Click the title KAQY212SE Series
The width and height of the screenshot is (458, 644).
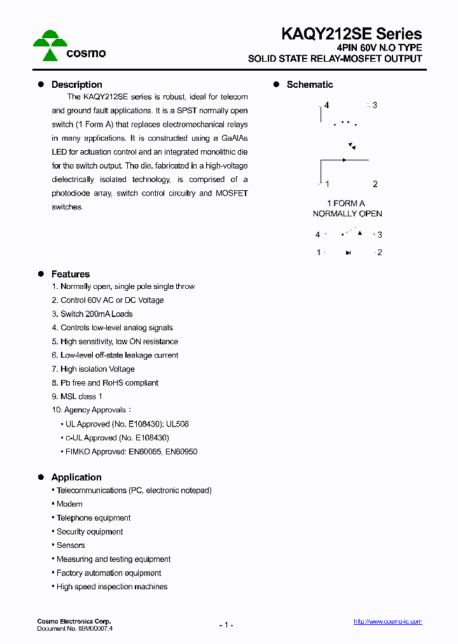(x=352, y=34)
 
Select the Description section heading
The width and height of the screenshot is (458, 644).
(x=76, y=85)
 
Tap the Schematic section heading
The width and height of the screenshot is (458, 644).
(x=309, y=85)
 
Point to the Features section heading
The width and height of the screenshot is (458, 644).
(x=70, y=274)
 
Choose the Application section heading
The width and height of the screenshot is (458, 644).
(x=76, y=477)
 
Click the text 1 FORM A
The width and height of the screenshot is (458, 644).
(x=346, y=204)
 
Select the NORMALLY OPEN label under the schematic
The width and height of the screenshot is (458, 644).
(x=347, y=214)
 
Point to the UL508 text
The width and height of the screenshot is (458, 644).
(x=177, y=424)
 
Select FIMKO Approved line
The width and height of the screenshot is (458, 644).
(x=131, y=452)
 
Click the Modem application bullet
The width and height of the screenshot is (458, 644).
(x=69, y=504)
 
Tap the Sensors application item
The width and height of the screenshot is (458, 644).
(x=71, y=545)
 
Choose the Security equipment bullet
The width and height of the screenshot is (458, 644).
(x=90, y=532)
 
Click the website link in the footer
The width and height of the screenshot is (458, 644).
(x=387, y=622)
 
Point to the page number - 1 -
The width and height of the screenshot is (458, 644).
(x=226, y=625)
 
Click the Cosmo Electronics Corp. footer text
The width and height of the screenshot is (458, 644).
(x=74, y=621)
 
